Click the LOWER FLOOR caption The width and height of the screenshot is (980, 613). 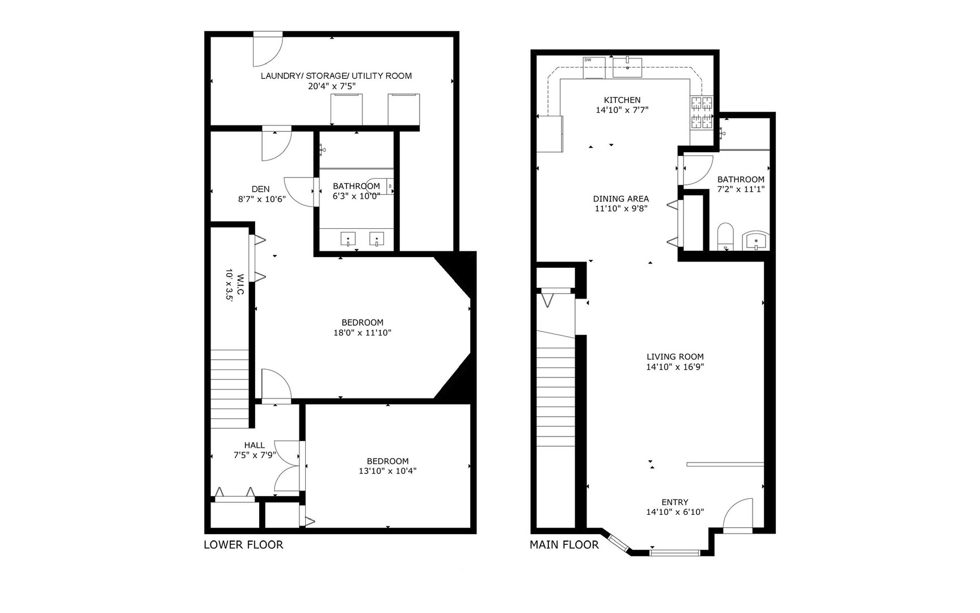[x=243, y=545]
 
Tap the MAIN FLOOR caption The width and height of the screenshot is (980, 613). [x=564, y=545]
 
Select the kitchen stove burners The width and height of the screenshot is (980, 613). [x=701, y=112]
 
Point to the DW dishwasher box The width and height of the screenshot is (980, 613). [x=594, y=67]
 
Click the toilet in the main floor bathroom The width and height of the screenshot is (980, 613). [x=725, y=237]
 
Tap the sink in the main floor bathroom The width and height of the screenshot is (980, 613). [x=755, y=241]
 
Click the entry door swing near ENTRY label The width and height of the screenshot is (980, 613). [x=738, y=515]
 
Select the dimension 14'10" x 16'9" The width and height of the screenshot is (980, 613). [x=675, y=367]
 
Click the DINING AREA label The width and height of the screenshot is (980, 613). [x=620, y=199]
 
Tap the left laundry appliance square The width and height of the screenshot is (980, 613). [x=347, y=109]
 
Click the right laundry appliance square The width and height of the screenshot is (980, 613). [x=404, y=109]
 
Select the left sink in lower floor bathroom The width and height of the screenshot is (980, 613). [x=348, y=239]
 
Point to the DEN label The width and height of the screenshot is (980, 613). [x=260, y=189]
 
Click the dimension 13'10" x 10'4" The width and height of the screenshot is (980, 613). [x=387, y=471]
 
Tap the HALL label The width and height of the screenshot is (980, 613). [x=254, y=445]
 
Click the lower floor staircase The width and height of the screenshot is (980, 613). [x=230, y=389]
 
